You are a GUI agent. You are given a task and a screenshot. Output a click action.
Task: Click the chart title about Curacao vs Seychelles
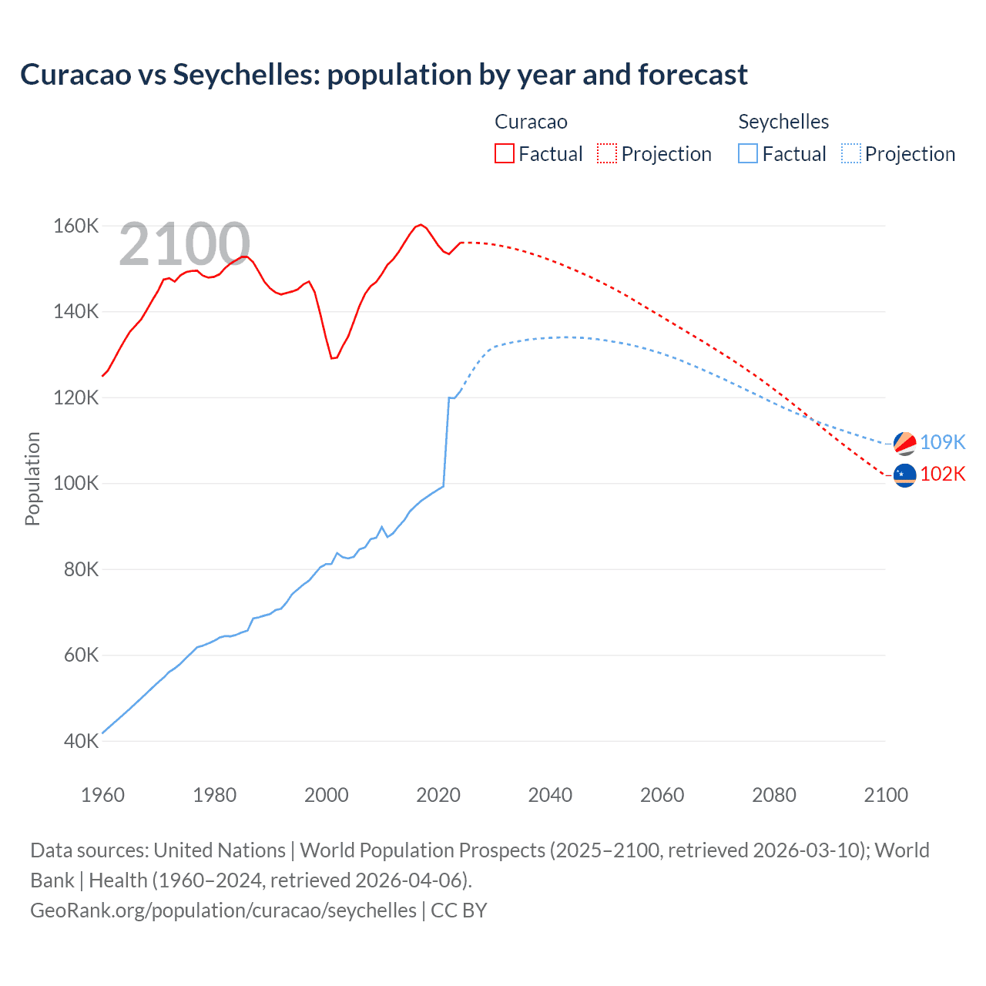click(x=384, y=75)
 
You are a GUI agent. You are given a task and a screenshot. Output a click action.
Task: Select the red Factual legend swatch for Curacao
click(x=504, y=154)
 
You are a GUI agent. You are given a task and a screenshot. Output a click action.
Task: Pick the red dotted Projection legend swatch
click(x=606, y=154)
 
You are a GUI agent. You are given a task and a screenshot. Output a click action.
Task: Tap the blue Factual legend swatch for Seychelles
click(x=747, y=154)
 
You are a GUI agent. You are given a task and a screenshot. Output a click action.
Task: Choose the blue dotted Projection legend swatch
click(x=850, y=154)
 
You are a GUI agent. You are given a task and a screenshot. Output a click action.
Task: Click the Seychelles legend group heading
click(x=783, y=122)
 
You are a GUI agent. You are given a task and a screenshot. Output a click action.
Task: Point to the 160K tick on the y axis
click(x=75, y=226)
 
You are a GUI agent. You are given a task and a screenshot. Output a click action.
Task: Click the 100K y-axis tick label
click(x=75, y=484)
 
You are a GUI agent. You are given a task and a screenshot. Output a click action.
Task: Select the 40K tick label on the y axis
click(x=80, y=741)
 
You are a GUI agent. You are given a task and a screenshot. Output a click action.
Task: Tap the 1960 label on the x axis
click(x=102, y=795)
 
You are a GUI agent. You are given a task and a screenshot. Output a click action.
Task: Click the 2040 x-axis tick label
click(x=550, y=795)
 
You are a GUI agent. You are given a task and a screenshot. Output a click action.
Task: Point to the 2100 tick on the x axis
click(x=886, y=795)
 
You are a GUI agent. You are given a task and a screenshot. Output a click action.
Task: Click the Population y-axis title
click(x=32, y=478)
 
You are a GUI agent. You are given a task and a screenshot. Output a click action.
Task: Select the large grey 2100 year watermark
click(x=184, y=244)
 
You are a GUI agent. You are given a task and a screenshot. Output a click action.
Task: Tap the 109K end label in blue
click(x=943, y=442)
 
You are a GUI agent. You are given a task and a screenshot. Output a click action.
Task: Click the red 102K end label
click(x=943, y=474)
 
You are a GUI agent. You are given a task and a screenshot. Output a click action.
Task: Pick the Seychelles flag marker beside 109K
click(x=904, y=443)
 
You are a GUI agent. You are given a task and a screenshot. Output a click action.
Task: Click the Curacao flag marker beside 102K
click(x=904, y=475)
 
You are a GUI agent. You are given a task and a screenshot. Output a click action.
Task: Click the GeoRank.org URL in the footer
click(x=223, y=911)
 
